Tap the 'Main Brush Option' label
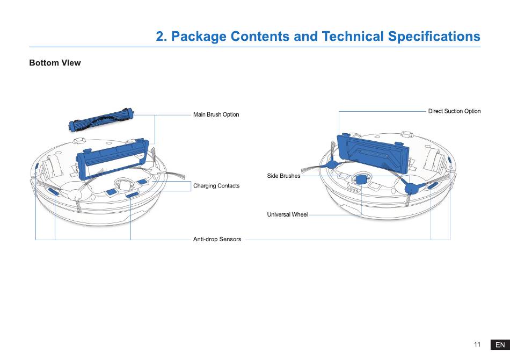tap(216, 114)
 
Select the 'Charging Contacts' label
tap(216, 186)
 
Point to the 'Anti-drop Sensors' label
tap(217, 239)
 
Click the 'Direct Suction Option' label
tap(454, 111)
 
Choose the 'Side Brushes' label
tap(283, 176)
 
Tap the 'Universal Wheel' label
tap(287, 215)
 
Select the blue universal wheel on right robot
tap(361, 178)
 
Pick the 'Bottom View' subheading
tap(55, 63)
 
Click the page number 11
tap(477, 344)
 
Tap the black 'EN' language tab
tap(500, 345)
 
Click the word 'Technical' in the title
tap(348, 37)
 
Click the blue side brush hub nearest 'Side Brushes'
tap(331, 165)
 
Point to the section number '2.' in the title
tap(162, 37)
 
